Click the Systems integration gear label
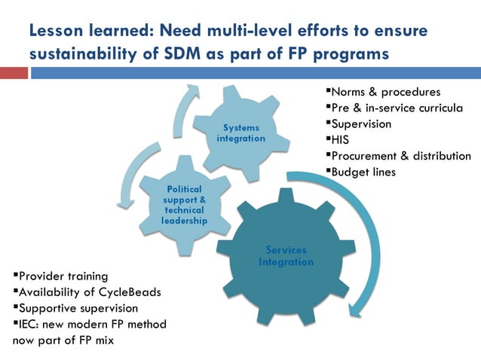pos(240,133)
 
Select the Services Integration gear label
pos(286,256)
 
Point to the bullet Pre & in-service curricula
pos(397,108)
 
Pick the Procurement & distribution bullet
pos(400,156)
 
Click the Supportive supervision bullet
pos(78,308)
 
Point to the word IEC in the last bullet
pos(30,324)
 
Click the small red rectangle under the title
pos(14,73)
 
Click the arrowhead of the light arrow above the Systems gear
pos(194,88)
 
